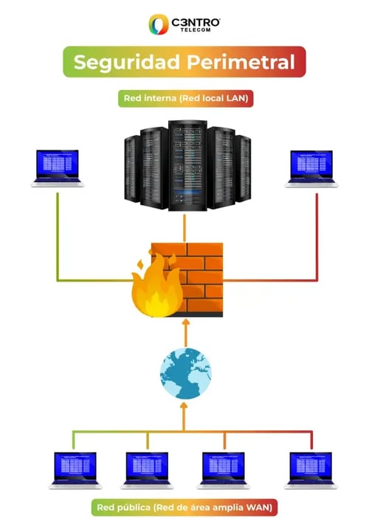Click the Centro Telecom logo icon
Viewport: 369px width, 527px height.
click(159, 24)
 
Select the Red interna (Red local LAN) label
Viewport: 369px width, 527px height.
click(184, 99)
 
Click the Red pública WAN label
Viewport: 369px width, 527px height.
click(184, 507)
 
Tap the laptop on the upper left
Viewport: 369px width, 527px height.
click(57, 169)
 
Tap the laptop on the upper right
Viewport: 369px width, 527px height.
click(311, 169)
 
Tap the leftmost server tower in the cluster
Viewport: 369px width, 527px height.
click(131, 168)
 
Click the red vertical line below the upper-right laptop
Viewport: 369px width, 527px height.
click(317, 236)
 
